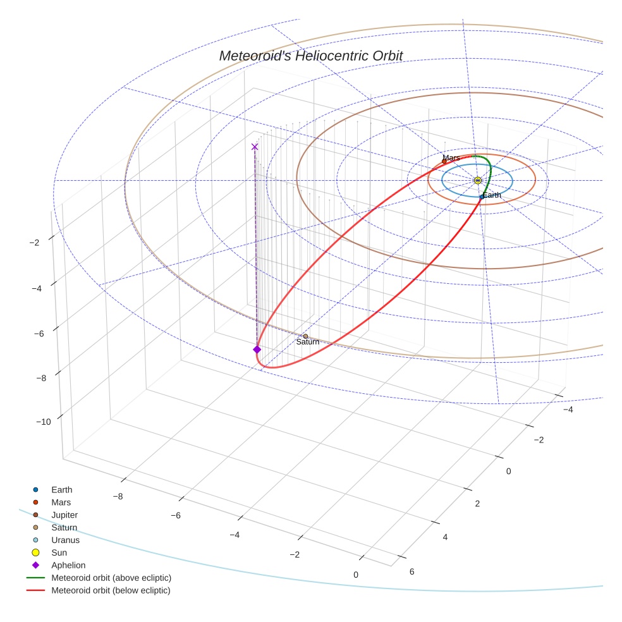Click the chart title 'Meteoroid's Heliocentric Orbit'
point(310,56)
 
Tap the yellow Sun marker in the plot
point(478,181)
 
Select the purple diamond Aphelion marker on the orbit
point(257,350)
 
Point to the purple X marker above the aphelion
point(255,147)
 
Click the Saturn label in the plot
point(307,342)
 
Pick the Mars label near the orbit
point(451,157)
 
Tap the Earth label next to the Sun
point(492,195)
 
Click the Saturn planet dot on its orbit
point(305,336)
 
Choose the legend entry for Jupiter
point(64,515)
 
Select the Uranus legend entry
point(65,540)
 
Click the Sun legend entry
point(59,553)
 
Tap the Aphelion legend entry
point(68,566)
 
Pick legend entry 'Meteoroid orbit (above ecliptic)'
point(111,578)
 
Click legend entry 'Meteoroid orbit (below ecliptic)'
point(111,590)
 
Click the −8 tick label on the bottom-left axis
point(118,496)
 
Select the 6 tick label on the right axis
point(412,571)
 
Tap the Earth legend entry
point(61,490)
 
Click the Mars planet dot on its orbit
point(444,161)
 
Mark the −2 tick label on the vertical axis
point(35,243)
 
